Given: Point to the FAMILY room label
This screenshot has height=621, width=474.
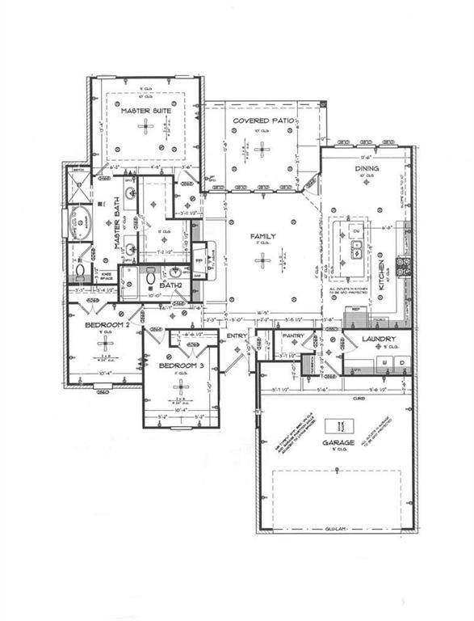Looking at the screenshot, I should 262,236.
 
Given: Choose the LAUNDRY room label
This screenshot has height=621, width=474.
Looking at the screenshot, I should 377,339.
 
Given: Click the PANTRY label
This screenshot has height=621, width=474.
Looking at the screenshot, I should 292,336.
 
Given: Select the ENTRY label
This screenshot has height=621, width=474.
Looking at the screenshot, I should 237,336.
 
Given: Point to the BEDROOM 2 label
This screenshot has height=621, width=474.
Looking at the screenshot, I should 108,324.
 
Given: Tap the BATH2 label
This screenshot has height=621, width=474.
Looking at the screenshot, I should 169,285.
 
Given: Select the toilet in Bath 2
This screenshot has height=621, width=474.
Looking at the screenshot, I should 151,279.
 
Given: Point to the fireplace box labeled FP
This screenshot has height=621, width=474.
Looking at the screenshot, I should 199,262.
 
